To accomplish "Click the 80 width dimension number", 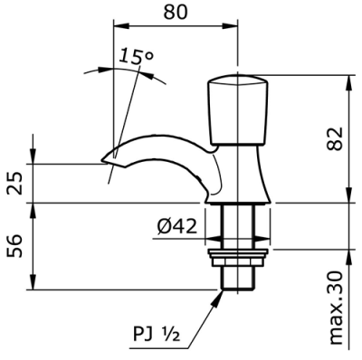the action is point(176,12).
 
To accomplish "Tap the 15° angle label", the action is point(136,56).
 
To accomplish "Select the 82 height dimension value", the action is point(335,138).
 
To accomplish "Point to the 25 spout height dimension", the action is point(14,184).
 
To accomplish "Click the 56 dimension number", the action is point(14,246).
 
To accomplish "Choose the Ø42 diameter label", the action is point(177,226).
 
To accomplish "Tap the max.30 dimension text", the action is point(335,308).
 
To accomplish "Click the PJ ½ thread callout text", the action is point(157,335).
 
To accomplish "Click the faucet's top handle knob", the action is point(238,109).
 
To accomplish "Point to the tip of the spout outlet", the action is point(101,160).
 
